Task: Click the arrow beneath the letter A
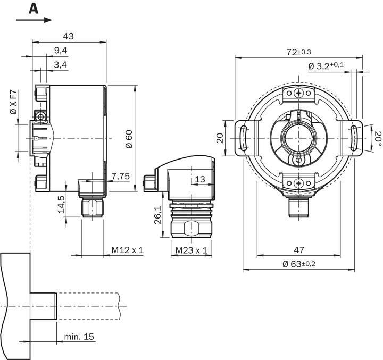(34, 20)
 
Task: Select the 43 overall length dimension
(69, 36)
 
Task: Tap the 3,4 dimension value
(60, 65)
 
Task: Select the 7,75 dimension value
(121, 175)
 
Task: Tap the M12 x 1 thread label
(128, 250)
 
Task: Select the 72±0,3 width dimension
(298, 52)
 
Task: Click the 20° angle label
(378, 138)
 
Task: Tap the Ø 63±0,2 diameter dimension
(298, 264)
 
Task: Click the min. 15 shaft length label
(80, 337)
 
